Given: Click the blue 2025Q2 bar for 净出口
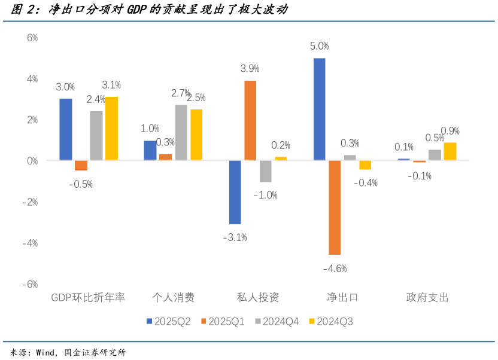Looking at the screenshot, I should point(320,109).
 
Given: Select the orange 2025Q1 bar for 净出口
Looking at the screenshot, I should point(335,208).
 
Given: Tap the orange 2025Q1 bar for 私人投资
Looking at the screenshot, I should point(250,120).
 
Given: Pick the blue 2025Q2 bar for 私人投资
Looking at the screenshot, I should point(235,192).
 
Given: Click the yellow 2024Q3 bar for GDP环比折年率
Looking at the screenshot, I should point(111,129).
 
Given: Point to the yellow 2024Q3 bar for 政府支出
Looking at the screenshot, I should point(450,151).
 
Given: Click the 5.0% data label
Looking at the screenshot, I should point(320,46).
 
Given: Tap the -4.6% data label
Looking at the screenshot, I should point(335,269).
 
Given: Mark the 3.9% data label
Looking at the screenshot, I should point(250,68).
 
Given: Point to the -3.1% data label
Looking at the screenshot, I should point(235,237).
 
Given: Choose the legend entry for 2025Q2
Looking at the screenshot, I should point(168,321).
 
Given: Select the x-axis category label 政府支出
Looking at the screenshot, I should point(427,297).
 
